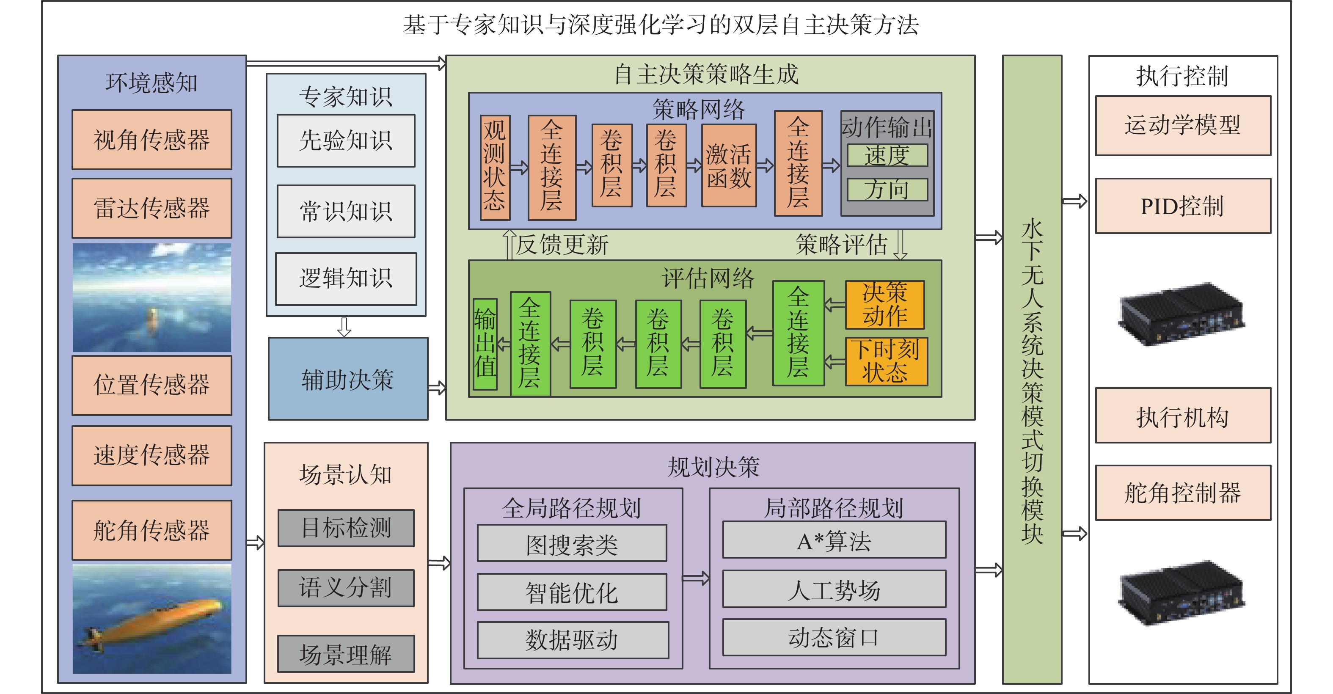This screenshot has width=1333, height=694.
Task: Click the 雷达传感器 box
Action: pos(151,208)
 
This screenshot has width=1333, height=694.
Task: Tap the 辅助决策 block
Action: pos(348,379)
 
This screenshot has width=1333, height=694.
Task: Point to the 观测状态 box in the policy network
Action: pos(495,167)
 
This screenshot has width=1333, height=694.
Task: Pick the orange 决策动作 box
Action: pos(884,305)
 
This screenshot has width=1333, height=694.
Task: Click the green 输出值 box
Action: pos(485,344)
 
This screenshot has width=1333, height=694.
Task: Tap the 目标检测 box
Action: pos(346,528)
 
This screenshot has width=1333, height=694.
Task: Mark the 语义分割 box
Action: pos(346,588)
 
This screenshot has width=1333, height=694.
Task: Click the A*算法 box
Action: pos(834,540)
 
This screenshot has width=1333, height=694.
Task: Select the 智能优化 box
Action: pos(571,592)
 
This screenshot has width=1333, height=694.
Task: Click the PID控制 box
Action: pos(1182,206)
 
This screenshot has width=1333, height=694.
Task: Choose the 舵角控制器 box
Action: pos(1182,493)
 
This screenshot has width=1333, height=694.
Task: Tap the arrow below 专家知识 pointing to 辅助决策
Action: pos(344,327)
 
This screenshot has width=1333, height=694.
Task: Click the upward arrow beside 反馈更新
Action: pos(509,244)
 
